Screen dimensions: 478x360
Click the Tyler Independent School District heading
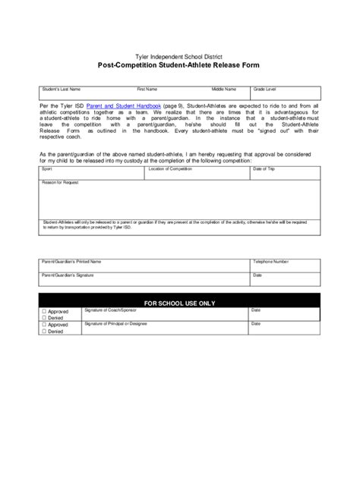pos(180,57)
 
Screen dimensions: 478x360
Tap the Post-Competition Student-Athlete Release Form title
pos(180,67)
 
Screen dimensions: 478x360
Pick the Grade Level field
pos(286,94)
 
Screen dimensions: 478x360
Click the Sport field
pos(90,174)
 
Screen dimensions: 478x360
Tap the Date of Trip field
pos(286,174)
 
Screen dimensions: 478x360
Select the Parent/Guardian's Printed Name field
pos(144,265)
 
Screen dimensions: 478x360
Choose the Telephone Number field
pos(286,265)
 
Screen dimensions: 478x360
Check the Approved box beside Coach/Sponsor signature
pos(44,311)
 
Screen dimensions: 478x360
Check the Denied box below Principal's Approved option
pos(44,332)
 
